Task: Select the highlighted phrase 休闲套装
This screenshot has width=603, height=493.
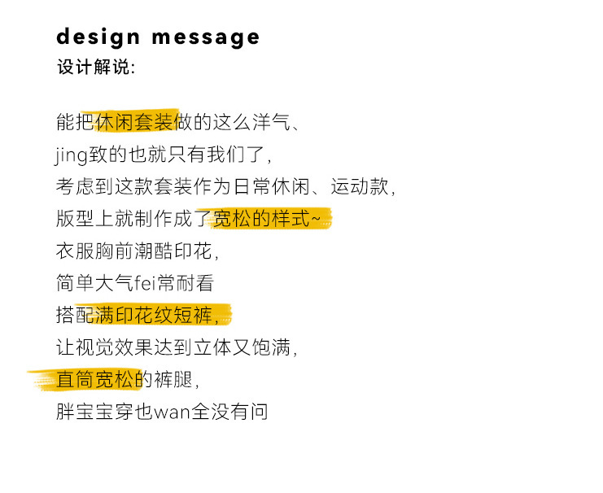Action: [x=136, y=123]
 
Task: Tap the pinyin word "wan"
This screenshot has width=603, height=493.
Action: [x=172, y=412]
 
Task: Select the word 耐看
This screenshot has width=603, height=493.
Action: [x=194, y=283]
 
